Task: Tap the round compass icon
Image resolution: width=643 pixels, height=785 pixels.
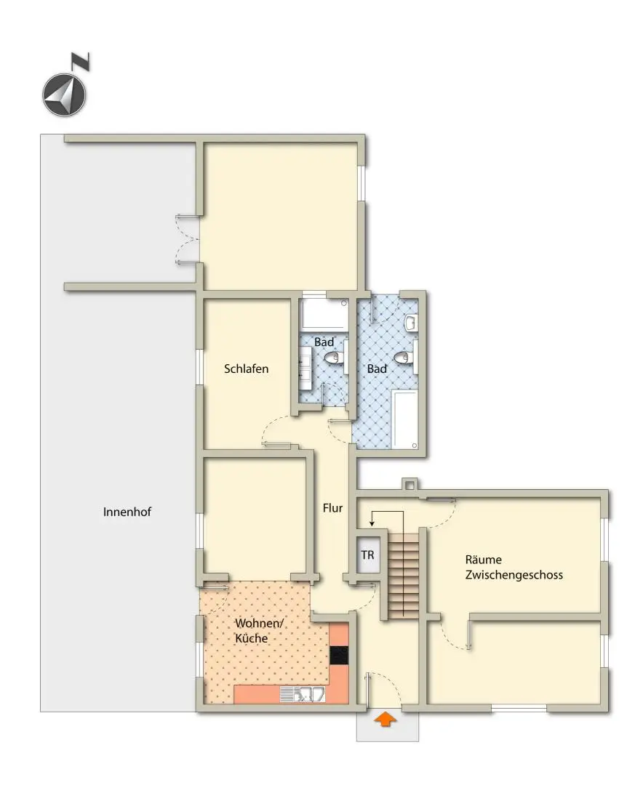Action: coord(64,95)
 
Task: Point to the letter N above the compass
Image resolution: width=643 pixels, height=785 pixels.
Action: coord(81,62)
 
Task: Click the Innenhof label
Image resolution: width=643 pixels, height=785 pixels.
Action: coord(127,512)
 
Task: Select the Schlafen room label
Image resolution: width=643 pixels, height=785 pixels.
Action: coord(247,369)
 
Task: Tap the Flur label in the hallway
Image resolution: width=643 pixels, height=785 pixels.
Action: coord(332,508)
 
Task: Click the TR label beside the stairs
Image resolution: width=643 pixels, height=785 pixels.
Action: coord(367,555)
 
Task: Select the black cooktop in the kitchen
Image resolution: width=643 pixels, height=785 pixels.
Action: coord(339,655)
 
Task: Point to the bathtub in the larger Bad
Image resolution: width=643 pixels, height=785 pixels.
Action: coord(404,419)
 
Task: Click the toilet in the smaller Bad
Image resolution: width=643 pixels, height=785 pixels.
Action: coord(333,357)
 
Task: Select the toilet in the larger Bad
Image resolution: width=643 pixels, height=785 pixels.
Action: coord(403,357)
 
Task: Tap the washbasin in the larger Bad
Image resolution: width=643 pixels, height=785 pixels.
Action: coord(411,321)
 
